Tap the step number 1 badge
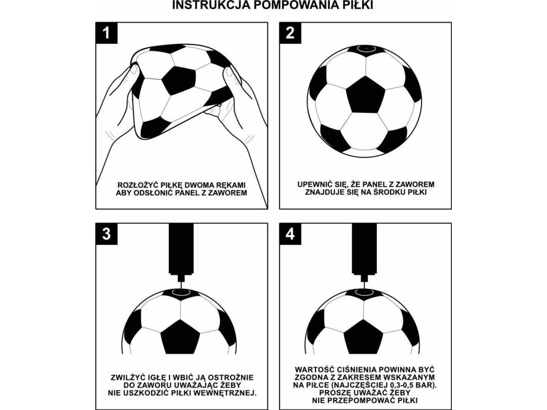click(x=106, y=33)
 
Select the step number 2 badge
click(x=290, y=33)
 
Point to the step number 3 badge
click(x=106, y=234)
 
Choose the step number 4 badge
click(x=290, y=234)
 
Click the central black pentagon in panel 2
click(x=365, y=95)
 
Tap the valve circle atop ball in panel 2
click(x=366, y=49)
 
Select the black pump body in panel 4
click(x=364, y=249)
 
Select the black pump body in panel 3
click(x=181, y=249)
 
